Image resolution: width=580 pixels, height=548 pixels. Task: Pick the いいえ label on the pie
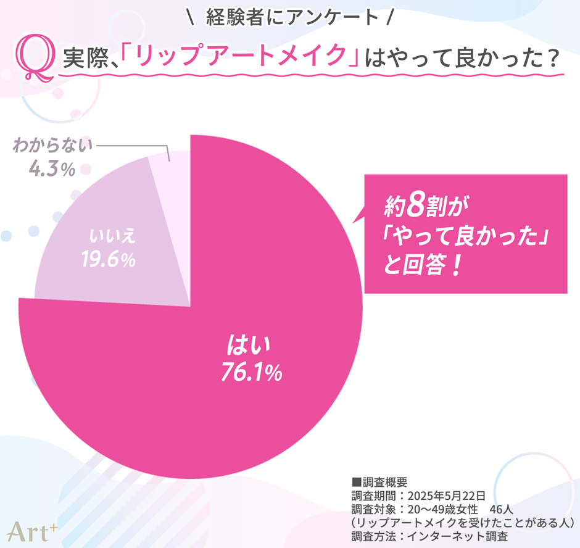(112, 237)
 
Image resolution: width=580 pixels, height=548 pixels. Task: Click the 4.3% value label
(52, 169)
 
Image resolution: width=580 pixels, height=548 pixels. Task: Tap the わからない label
(52, 146)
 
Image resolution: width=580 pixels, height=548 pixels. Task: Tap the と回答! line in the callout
(423, 269)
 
